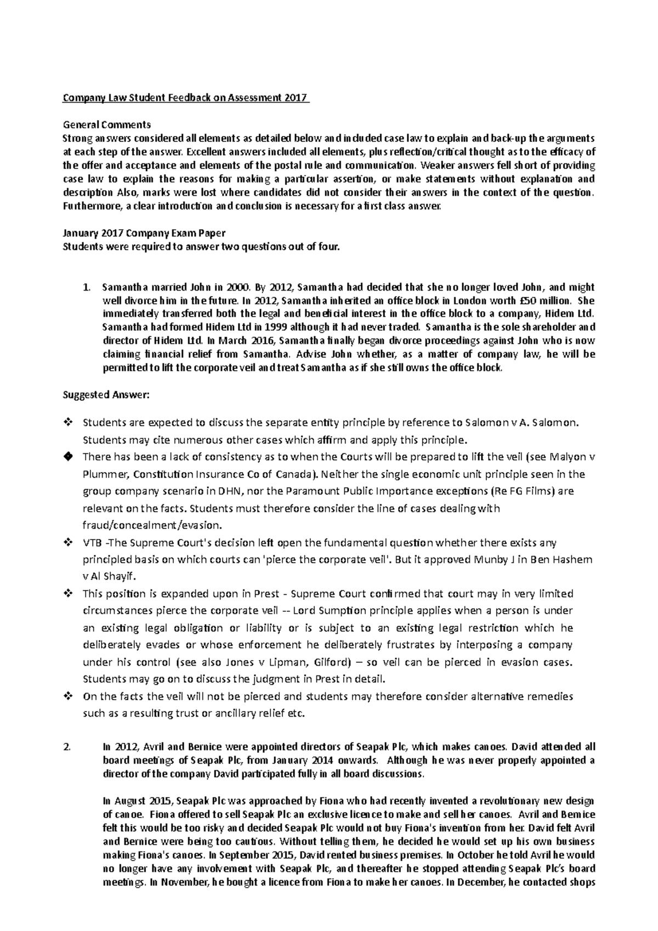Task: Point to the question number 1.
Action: (85, 287)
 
